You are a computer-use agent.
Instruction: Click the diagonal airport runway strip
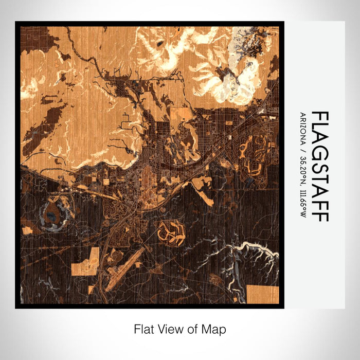coord(125,263)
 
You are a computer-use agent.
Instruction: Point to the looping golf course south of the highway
coord(171,232)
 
